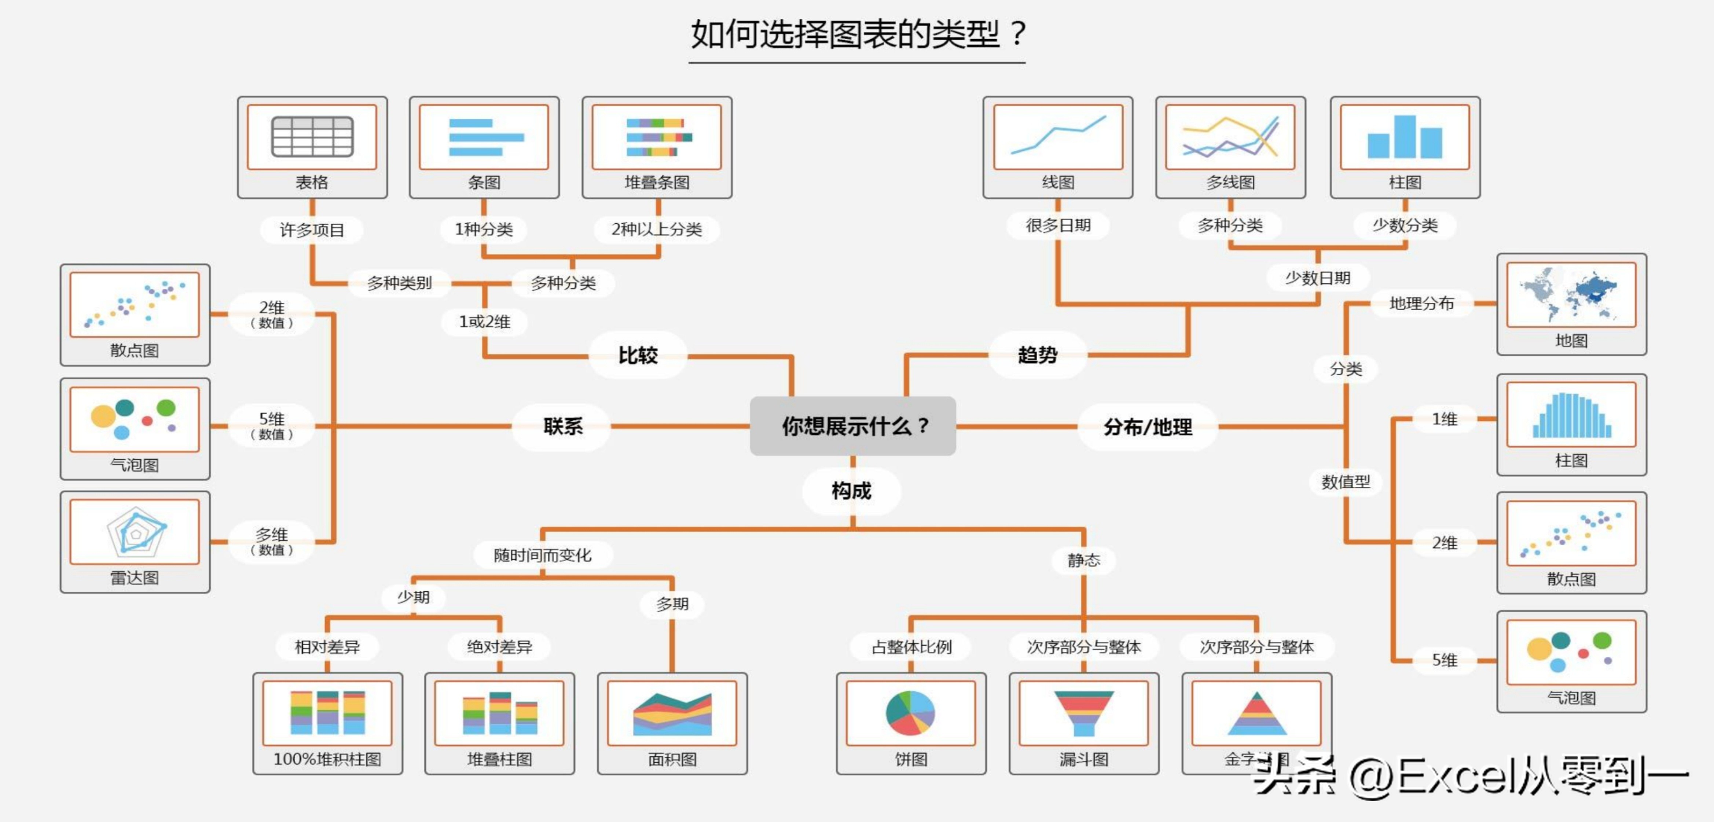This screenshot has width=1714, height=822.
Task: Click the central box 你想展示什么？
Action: [853, 426]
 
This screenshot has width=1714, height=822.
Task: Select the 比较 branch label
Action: [638, 355]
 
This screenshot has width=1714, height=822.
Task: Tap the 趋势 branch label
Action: [1037, 355]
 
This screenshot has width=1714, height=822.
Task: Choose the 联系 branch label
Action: [562, 426]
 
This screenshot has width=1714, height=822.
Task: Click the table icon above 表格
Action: [312, 137]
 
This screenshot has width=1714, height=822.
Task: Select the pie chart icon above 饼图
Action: [910, 713]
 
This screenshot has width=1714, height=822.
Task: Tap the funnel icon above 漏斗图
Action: [1083, 713]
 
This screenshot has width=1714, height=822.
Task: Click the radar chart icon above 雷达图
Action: [135, 532]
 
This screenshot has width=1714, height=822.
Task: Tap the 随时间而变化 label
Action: [542, 555]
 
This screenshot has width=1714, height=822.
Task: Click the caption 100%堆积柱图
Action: [327, 759]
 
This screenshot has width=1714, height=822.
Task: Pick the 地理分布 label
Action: [1421, 304]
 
